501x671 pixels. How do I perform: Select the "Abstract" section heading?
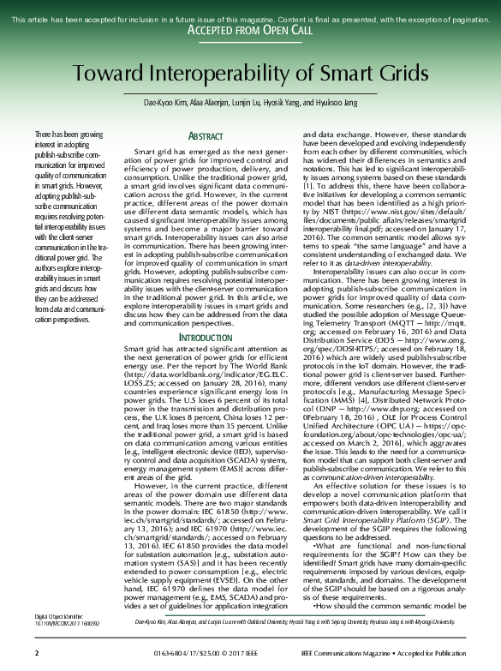click(x=206, y=136)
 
